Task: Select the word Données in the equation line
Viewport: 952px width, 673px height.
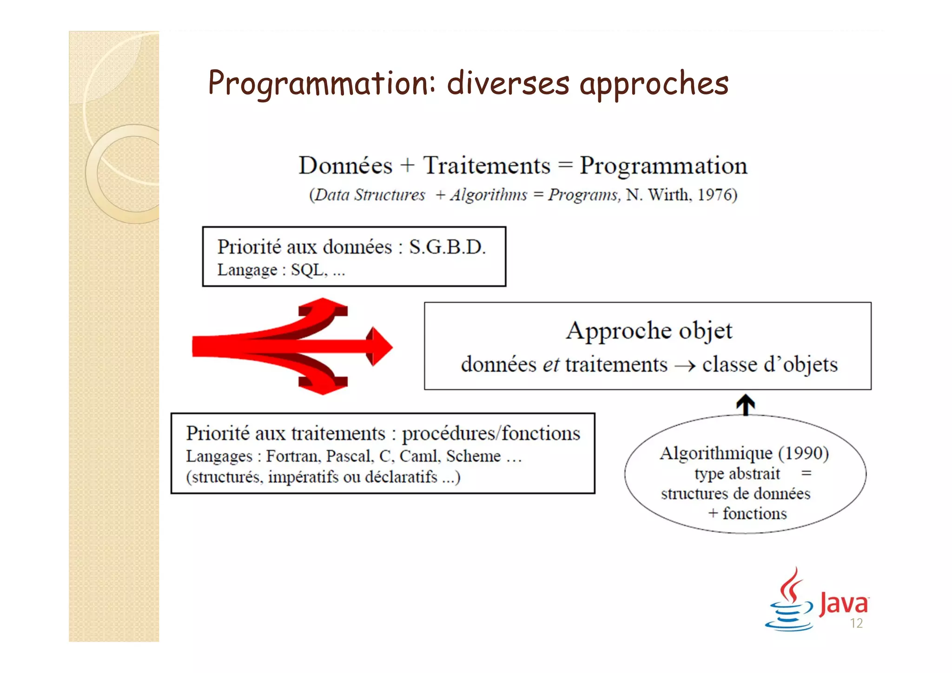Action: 345,166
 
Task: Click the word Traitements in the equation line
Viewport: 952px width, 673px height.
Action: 486,166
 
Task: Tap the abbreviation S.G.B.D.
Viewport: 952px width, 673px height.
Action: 447,247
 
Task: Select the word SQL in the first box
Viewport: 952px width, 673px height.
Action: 307,270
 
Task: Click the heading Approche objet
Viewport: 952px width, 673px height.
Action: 649,331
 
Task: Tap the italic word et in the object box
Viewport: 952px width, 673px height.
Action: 550,365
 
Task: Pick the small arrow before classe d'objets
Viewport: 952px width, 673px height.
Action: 685,366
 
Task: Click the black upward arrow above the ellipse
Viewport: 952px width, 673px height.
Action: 746,404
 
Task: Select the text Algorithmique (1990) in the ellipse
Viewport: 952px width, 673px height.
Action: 744,453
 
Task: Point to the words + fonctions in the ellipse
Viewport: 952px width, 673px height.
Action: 747,513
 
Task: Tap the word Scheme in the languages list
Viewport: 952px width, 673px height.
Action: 473,456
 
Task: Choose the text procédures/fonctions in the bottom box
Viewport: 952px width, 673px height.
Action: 491,433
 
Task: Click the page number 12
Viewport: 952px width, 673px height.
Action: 856,624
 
